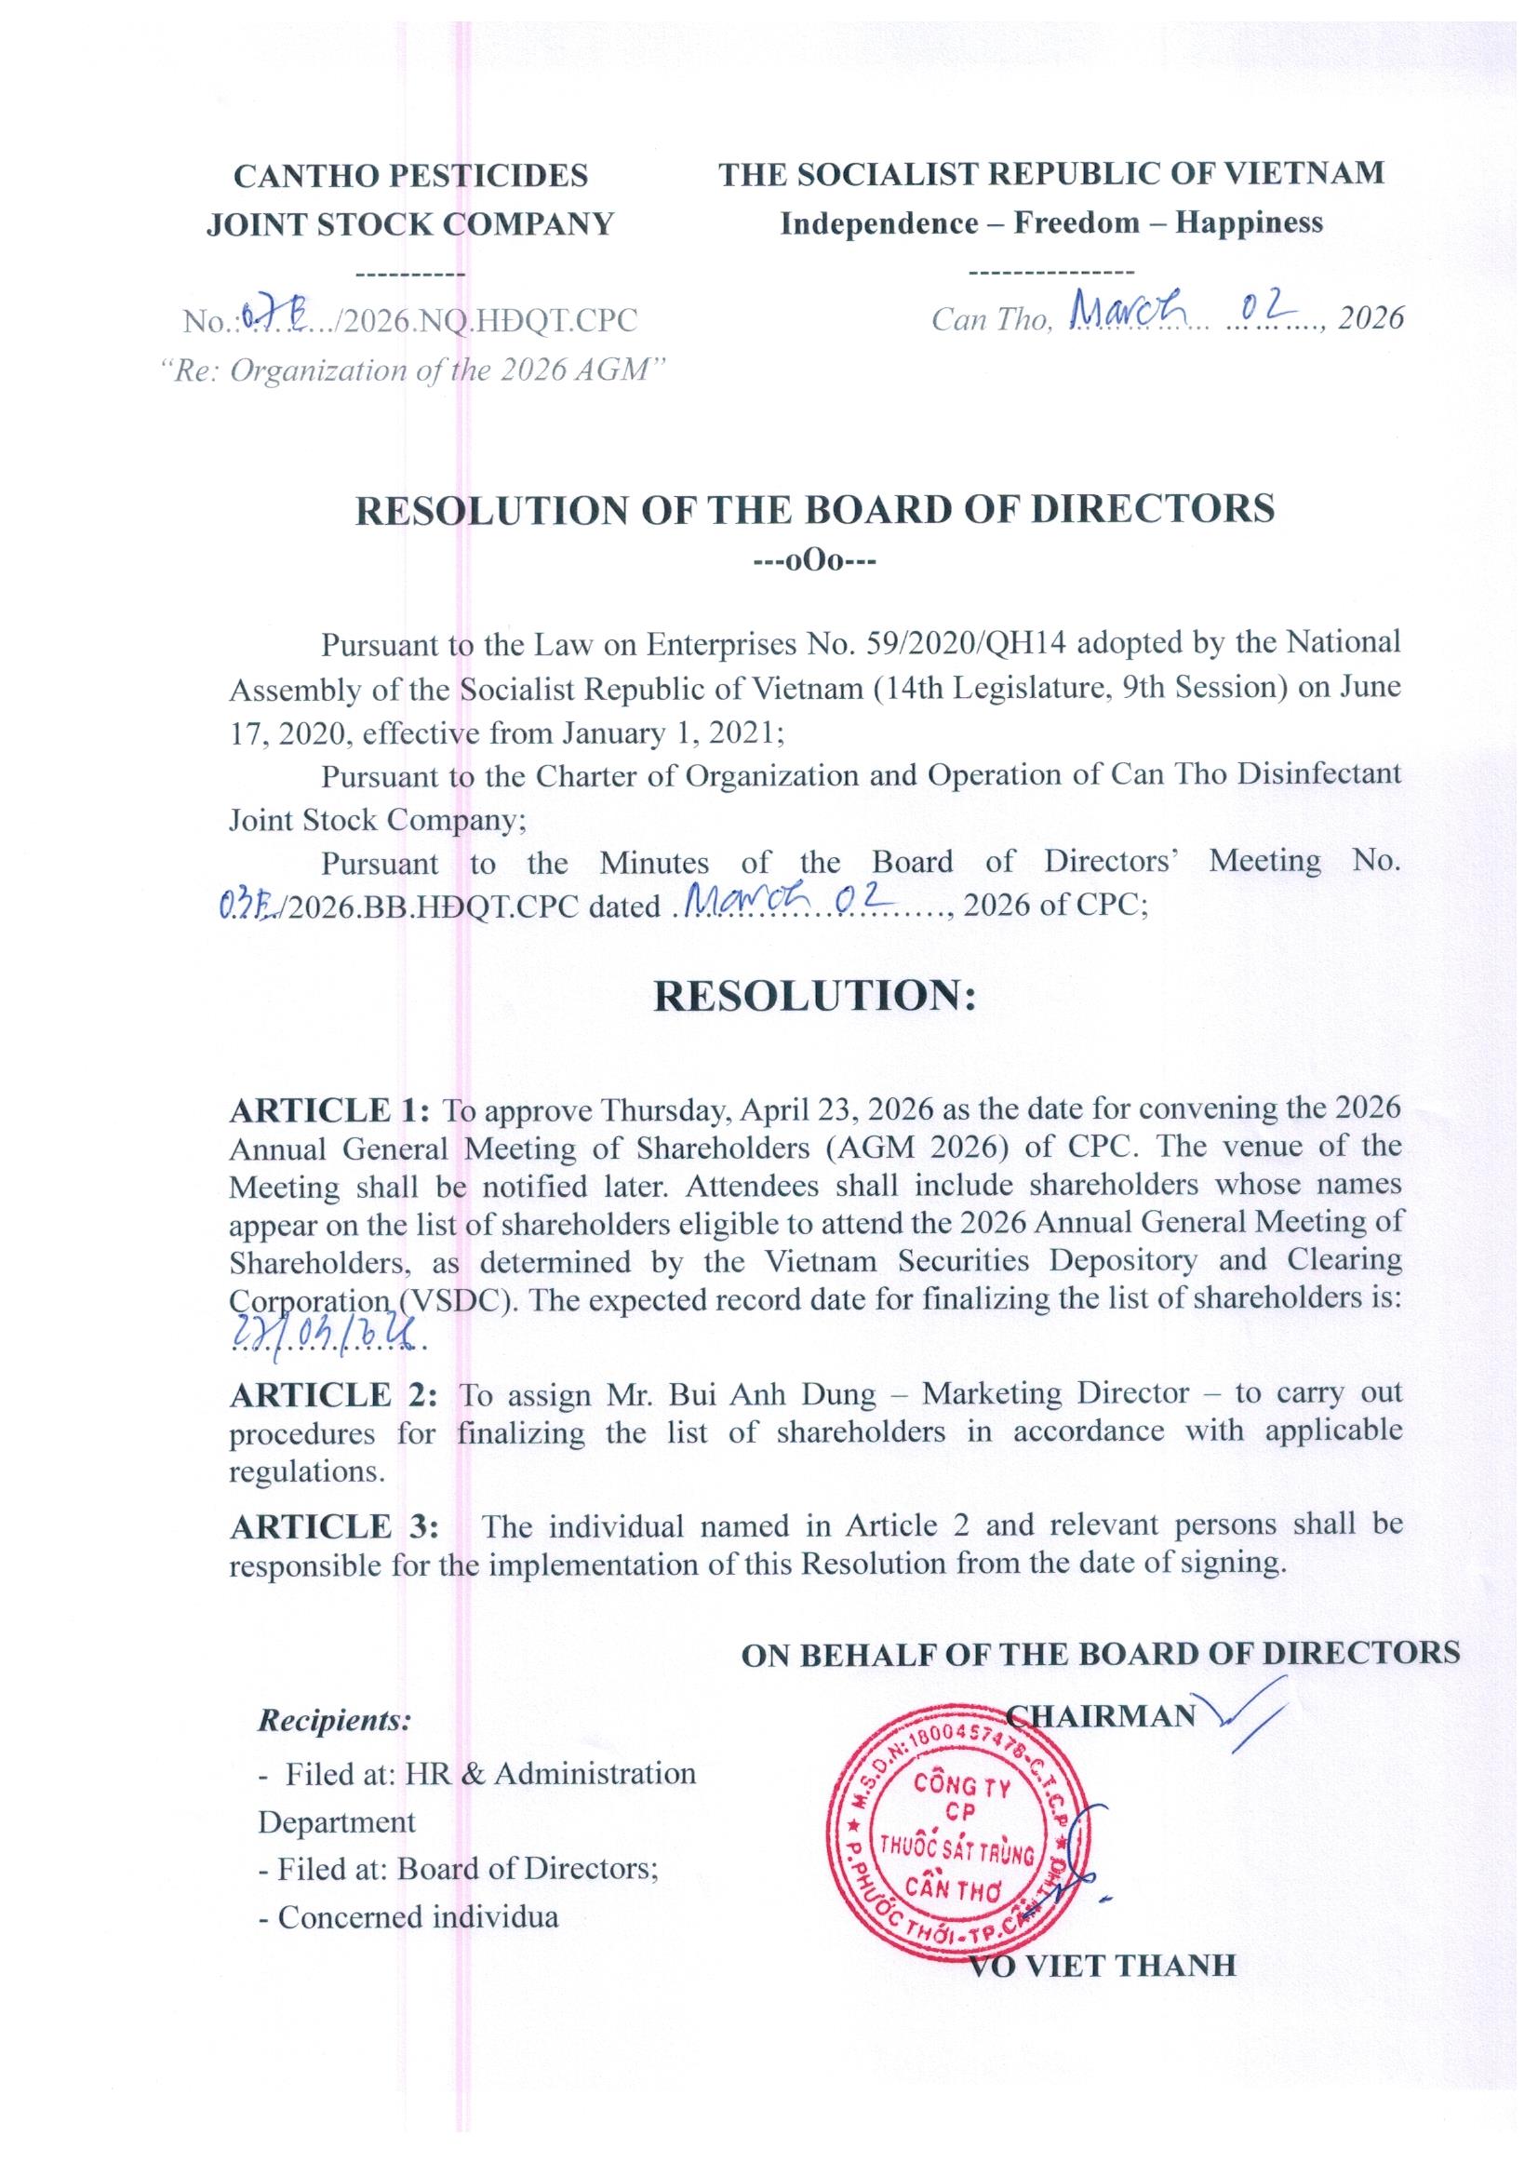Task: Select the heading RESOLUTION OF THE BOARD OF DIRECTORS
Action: tap(814, 510)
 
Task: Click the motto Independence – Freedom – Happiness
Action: tap(1050, 223)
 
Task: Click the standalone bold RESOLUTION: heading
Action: tap(814, 996)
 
